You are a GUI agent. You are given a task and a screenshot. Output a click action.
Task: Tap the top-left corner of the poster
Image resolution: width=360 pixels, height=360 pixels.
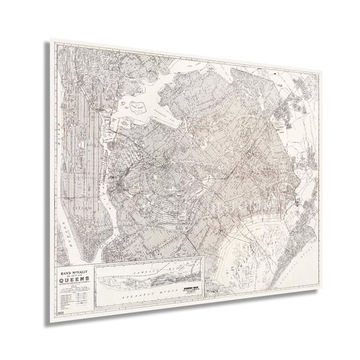click(x=51, y=41)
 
